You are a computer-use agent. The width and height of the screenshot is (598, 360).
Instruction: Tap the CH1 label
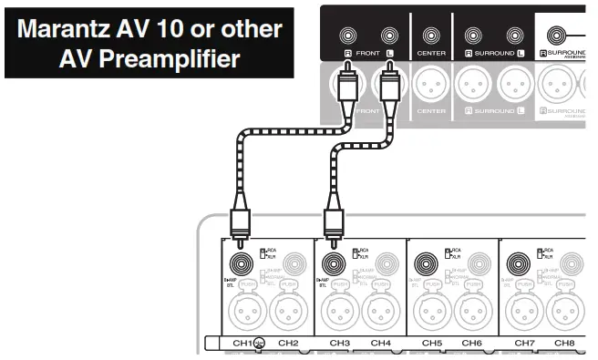click(x=242, y=344)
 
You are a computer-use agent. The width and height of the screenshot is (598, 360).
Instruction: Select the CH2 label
click(x=288, y=344)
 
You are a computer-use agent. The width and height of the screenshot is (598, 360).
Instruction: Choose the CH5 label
click(x=432, y=344)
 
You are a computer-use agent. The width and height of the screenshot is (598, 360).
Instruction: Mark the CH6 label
click(x=471, y=344)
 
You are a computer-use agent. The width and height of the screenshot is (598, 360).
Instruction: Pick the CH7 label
click(x=524, y=344)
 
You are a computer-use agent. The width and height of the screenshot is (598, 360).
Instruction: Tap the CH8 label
click(x=564, y=344)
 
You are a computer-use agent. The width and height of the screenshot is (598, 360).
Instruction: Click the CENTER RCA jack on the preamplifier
click(x=431, y=37)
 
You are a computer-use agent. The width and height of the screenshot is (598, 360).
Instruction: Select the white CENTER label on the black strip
click(x=431, y=53)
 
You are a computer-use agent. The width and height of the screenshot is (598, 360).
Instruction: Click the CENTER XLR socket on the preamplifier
click(x=431, y=88)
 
